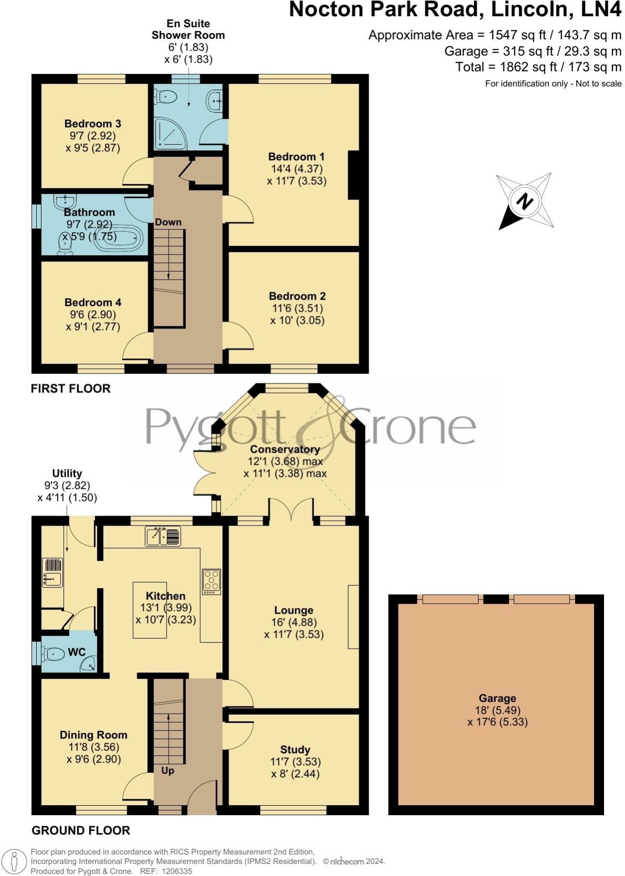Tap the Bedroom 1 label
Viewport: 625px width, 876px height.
[296, 157]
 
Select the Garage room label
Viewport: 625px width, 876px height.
[497, 698]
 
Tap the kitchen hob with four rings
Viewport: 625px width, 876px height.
[211, 582]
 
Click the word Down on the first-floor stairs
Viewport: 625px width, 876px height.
[168, 222]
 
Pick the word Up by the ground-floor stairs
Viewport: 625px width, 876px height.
[167, 771]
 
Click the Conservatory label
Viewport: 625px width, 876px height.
[285, 449]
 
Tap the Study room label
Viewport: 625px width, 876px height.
[295, 750]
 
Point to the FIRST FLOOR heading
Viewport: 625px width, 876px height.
[71, 388]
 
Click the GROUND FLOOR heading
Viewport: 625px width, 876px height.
[81, 830]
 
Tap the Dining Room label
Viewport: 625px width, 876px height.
[93, 735]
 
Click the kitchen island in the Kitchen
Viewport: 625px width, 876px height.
[149, 610]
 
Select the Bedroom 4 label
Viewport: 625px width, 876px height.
[93, 302]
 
